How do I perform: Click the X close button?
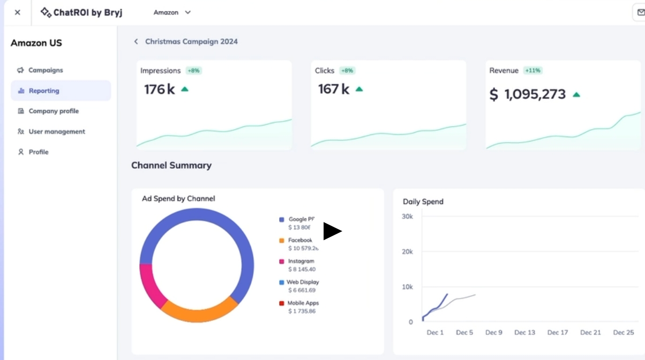[x=18, y=12]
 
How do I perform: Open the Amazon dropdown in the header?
[x=172, y=12]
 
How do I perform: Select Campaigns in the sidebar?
[x=46, y=70]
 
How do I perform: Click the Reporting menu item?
[x=44, y=91]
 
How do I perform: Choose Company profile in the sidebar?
[x=54, y=111]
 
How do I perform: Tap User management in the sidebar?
[x=57, y=132]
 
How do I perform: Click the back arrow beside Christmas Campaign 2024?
[x=136, y=42]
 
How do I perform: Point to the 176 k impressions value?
[x=159, y=89]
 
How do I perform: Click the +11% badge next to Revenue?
[x=533, y=71]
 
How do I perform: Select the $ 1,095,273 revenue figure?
[x=528, y=95]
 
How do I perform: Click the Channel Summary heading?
[x=171, y=166]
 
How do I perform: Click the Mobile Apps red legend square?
[x=281, y=304]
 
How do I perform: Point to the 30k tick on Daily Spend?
[x=407, y=216]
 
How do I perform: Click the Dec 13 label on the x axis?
[x=524, y=333]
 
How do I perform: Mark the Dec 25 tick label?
[x=623, y=333]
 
